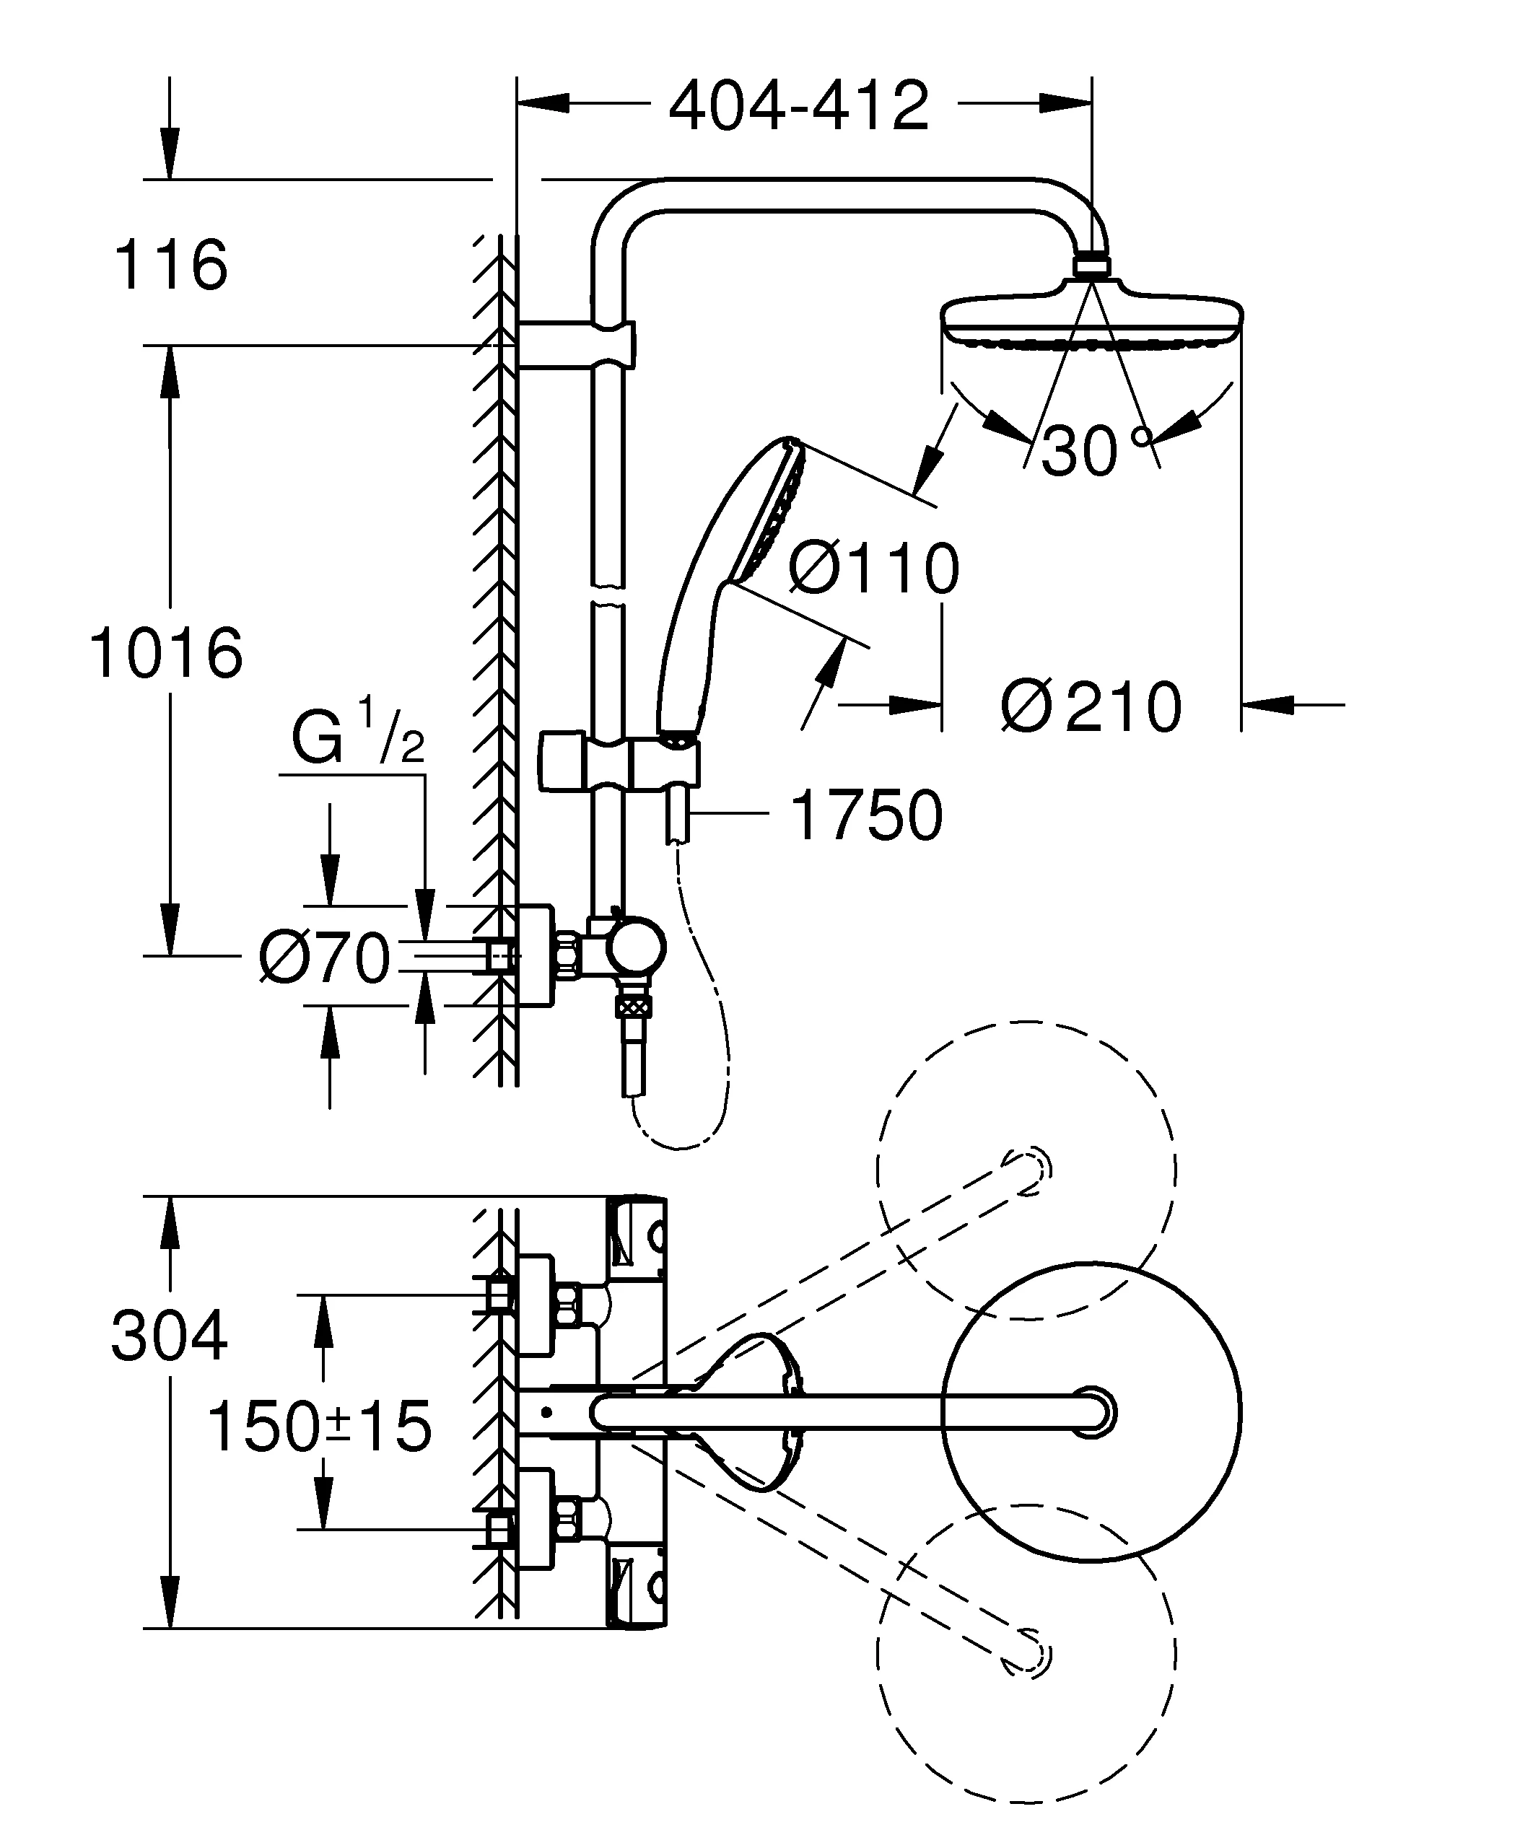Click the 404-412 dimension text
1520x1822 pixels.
798,107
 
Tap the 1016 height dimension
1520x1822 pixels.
166,652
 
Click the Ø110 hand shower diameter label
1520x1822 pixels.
873,569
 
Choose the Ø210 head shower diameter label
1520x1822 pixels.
1091,707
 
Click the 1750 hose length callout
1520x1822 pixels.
867,815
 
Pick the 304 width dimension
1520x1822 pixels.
169,1336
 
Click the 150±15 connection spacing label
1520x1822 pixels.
318,1427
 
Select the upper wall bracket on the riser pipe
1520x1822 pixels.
576,344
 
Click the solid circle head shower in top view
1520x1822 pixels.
1091,1412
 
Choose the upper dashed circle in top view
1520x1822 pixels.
1026,1171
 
